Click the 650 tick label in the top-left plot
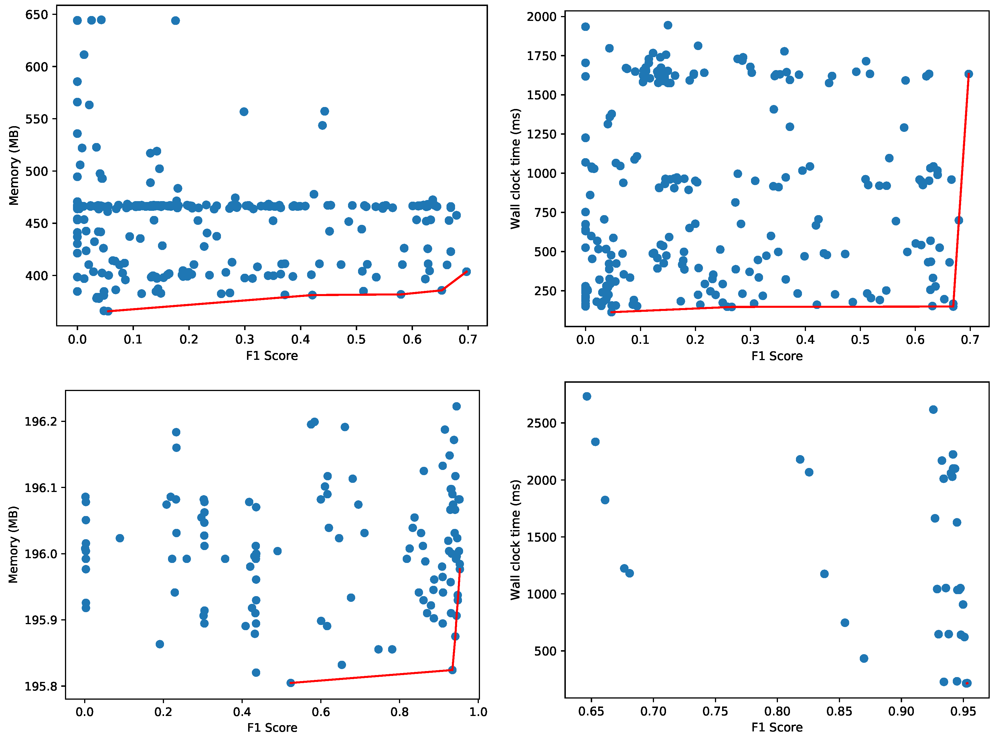36,15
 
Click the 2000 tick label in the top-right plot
542,17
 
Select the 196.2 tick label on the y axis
39,422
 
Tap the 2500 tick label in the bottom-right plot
542,423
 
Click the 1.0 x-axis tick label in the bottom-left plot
478,712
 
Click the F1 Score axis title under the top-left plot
272,356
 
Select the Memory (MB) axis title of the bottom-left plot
13,544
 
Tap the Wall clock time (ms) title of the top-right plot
515,168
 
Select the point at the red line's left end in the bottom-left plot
291,683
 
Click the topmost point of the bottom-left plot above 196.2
456,406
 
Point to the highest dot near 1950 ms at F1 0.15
668,25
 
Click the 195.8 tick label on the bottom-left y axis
39,686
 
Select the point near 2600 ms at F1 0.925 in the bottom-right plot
933,409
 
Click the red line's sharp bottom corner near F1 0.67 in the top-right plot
953,306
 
